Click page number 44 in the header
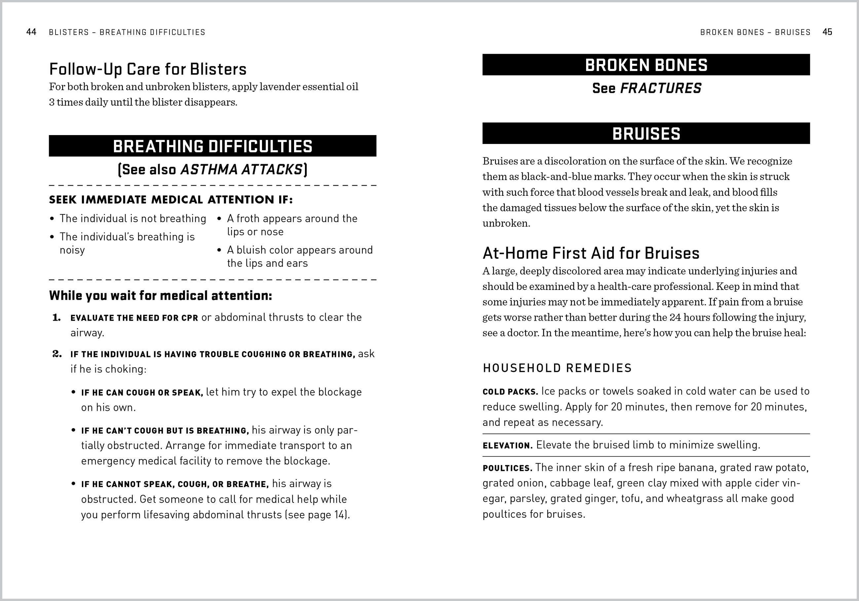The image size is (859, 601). [31, 32]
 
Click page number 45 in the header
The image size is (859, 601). [827, 32]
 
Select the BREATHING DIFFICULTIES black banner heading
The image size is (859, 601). [212, 146]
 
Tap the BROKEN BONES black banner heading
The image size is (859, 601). [646, 65]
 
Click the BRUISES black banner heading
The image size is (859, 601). [646, 133]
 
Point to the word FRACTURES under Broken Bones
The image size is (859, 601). [661, 88]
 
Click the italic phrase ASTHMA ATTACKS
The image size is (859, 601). [241, 170]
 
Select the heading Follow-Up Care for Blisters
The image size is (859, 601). [148, 69]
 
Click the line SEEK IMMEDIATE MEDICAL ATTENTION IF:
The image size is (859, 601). [170, 200]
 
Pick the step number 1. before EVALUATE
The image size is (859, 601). [56, 318]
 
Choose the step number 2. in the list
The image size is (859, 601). [56, 354]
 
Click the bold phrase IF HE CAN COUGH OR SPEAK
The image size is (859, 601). [142, 393]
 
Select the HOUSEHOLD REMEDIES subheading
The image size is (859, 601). [557, 368]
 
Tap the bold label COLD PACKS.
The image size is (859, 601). [510, 392]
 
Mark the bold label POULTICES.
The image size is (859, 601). [507, 468]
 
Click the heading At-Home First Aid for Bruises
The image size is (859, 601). [591, 253]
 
